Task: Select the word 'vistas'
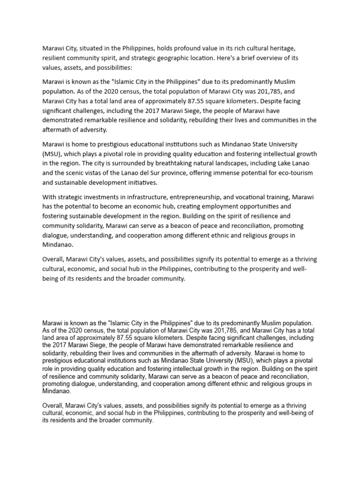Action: [92, 173]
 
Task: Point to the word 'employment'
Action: [226, 207]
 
